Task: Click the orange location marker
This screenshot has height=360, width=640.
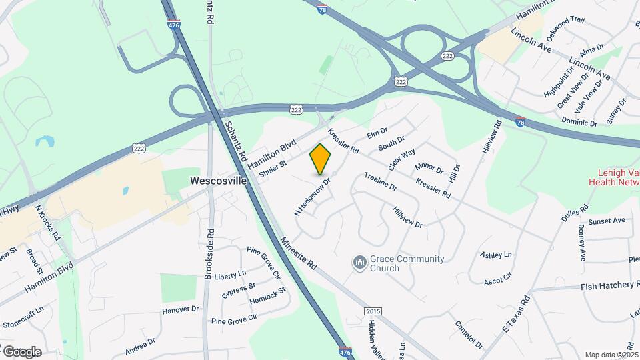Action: pos(320,159)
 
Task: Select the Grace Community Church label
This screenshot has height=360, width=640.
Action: pos(385,263)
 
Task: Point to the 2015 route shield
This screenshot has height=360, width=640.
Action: pos(373,311)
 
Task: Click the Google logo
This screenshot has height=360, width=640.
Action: pos(22,351)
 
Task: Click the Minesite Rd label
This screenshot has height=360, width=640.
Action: pos(298,253)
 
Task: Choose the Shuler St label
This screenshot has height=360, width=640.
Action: pos(273,167)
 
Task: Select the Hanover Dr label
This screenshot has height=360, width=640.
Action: pos(181,310)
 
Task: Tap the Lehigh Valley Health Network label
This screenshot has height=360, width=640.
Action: pos(614,176)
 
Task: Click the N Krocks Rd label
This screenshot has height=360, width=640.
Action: pos(48,223)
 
